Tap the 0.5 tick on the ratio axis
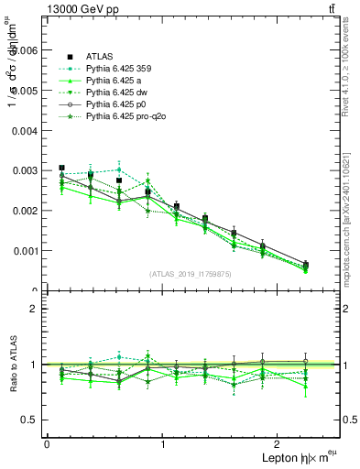[31, 420]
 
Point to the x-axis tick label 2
[280, 444]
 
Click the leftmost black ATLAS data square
[61, 169]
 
